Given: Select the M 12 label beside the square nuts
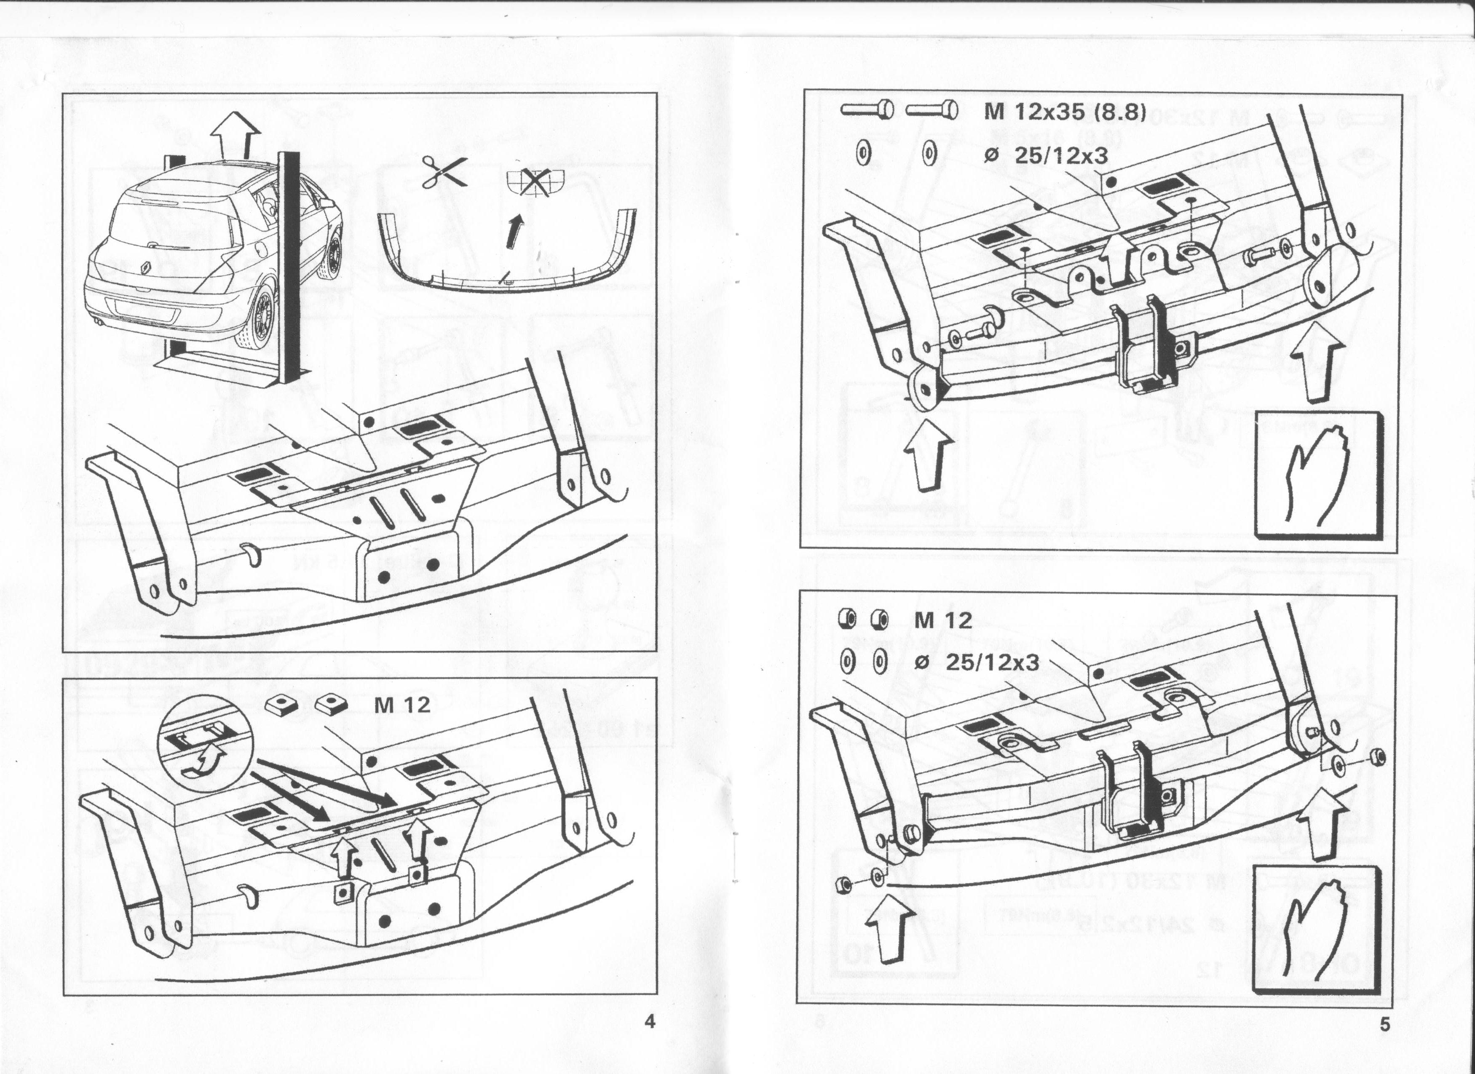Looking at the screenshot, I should pyautogui.click(x=402, y=705).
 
